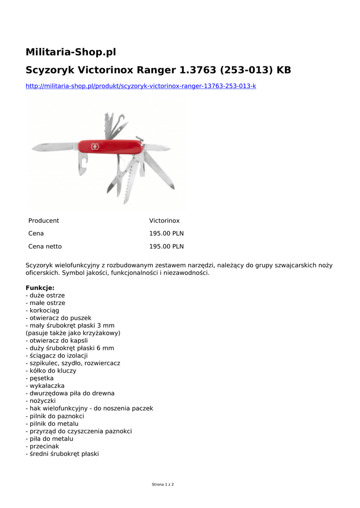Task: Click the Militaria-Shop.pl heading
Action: (71, 52)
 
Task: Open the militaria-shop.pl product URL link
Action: (141, 86)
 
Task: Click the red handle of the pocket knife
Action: (114, 146)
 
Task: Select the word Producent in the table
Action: (44, 221)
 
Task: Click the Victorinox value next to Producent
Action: (164, 221)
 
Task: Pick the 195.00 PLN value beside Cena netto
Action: (166, 247)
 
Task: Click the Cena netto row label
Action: (45, 247)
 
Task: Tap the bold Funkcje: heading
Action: (40, 288)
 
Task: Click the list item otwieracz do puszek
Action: (59, 318)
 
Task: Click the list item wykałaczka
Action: (45, 385)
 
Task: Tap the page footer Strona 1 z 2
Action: (163, 484)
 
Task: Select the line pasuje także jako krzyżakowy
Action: (73, 333)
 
